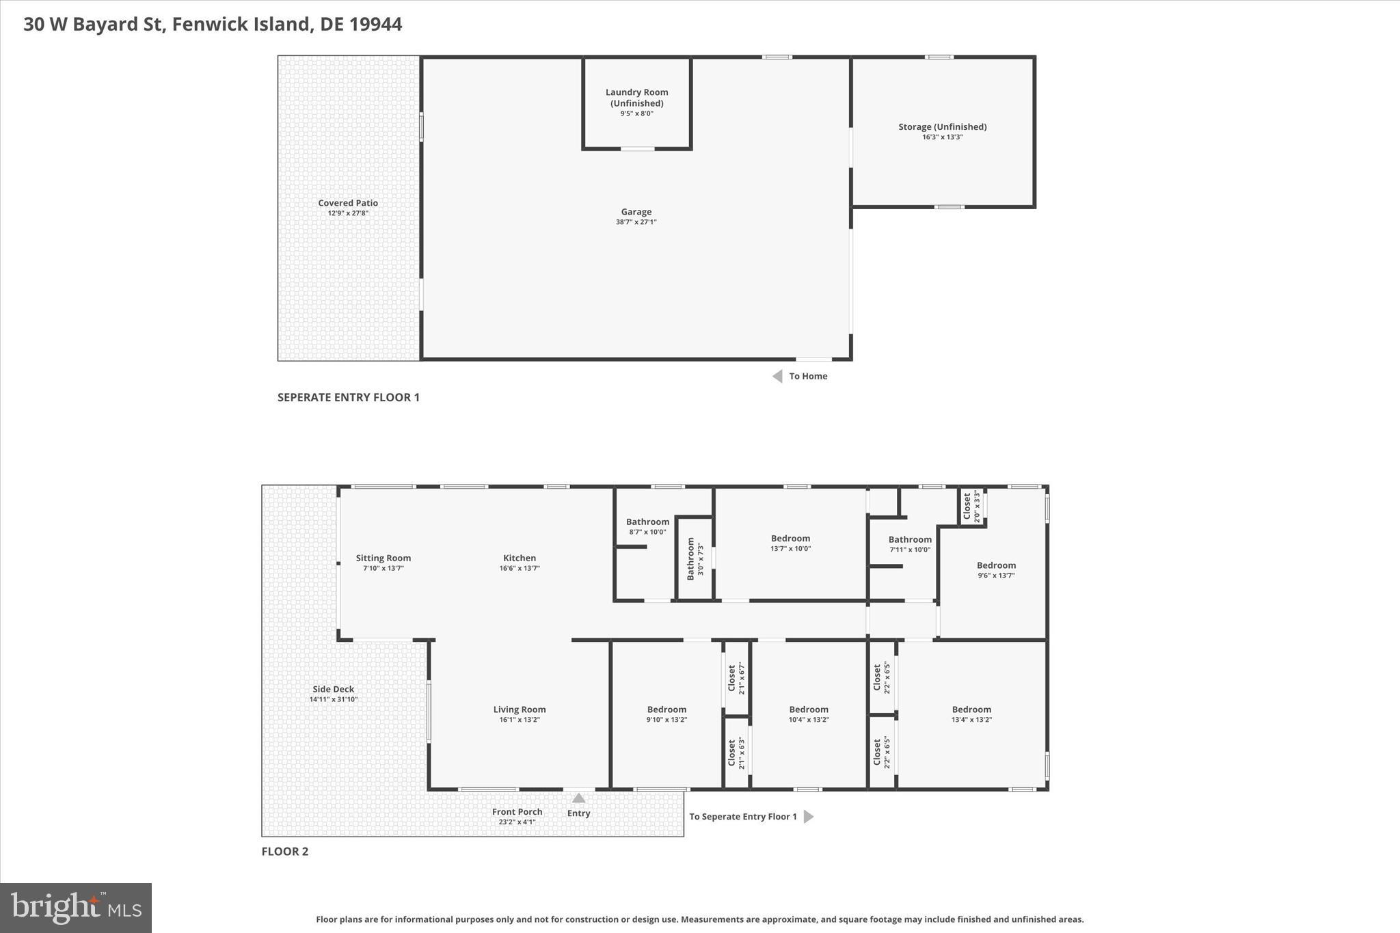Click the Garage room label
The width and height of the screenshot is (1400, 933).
click(636, 212)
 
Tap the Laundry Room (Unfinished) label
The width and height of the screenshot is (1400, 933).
click(636, 98)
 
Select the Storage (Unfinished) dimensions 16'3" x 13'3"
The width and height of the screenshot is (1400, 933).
click(942, 137)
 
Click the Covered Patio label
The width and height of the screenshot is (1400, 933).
click(347, 203)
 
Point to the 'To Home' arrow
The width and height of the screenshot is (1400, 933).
click(777, 376)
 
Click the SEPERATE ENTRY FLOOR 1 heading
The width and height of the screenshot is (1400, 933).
click(348, 397)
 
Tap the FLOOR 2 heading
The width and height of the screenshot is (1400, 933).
click(284, 851)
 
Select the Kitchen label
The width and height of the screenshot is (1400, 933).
click(520, 558)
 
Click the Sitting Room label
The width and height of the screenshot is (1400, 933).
click(383, 558)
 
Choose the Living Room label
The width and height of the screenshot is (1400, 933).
click(520, 709)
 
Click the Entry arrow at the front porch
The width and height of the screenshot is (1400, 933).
click(578, 798)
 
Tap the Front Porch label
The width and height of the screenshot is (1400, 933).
click(517, 812)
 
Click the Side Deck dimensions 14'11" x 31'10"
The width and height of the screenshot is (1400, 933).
click(334, 699)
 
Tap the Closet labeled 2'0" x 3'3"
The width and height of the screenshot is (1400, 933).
click(971, 507)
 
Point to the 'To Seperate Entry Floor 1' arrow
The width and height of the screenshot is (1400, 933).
click(808, 816)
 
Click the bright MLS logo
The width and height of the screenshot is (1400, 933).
click(76, 908)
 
